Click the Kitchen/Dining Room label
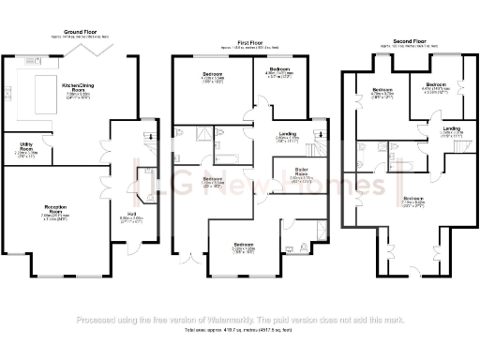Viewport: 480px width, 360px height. [x=77, y=88]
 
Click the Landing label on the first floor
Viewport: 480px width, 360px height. [x=289, y=137]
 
